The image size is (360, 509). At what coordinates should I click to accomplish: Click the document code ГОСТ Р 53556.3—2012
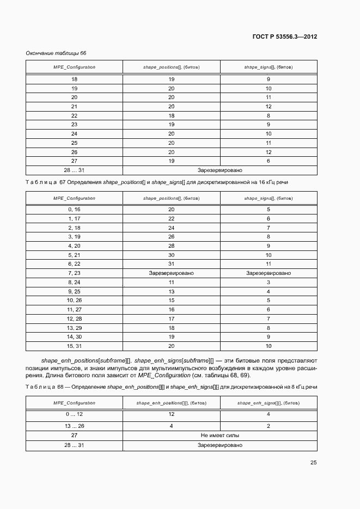pyautogui.click(x=285, y=36)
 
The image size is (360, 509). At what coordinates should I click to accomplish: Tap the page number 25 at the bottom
pyautogui.click(x=314, y=463)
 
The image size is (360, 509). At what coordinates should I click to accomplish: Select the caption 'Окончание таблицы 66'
pyautogui.click(x=56, y=53)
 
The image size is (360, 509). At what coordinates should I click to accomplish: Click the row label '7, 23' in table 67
pyautogui.click(x=74, y=273)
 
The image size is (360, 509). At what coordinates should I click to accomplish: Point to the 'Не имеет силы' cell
pyautogui.click(x=220, y=436)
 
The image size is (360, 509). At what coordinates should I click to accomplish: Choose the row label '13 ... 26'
pyautogui.click(x=74, y=426)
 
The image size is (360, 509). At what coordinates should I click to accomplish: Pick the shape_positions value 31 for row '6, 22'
pyautogui.click(x=171, y=263)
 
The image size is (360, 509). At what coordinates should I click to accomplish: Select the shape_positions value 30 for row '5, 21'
pyautogui.click(x=171, y=255)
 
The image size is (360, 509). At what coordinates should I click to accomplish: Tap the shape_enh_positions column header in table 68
pyautogui.click(x=171, y=403)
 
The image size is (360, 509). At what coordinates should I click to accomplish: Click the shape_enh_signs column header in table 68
pyautogui.click(x=268, y=403)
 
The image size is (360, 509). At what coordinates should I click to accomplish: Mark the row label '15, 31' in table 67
pyautogui.click(x=74, y=346)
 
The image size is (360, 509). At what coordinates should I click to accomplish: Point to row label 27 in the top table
pyautogui.click(x=74, y=161)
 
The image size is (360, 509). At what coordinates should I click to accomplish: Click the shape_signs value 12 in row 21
pyautogui.click(x=269, y=106)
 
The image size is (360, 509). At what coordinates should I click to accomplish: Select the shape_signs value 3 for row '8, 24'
pyautogui.click(x=269, y=282)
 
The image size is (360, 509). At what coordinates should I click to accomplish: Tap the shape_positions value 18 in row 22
pyautogui.click(x=171, y=115)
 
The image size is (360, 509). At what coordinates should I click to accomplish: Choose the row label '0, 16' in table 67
pyautogui.click(x=74, y=209)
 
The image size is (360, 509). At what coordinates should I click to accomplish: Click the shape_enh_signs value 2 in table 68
pyautogui.click(x=269, y=426)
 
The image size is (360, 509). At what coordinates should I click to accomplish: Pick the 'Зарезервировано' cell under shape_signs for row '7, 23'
pyautogui.click(x=269, y=273)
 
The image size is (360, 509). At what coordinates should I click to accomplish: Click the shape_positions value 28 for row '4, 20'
pyautogui.click(x=171, y=246)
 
